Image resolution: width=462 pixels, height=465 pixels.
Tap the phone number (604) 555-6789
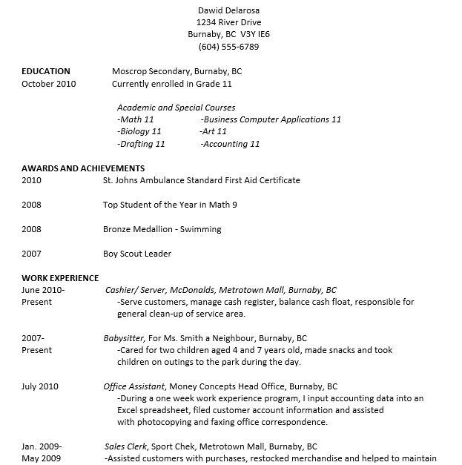[x=229, y=47]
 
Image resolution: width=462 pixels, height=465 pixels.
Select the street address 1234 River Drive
[x=229, y=23]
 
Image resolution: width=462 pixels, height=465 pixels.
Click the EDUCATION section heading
[x=46, y=72]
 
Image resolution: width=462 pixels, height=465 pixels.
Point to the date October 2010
[x=49, y=84]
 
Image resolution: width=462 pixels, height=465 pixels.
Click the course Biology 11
[x=139, y=132]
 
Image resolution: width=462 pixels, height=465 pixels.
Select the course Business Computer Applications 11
[x=271, y=119]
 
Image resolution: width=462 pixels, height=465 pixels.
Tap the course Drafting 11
[x=141, y=144]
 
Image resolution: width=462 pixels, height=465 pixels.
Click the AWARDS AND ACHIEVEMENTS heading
[x=83, y=168]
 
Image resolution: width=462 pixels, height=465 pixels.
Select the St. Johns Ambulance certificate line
[x=202, y=180]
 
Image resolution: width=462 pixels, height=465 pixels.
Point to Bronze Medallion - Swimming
[x=162, y=229]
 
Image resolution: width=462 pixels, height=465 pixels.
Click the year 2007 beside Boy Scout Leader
[x=32, y=254]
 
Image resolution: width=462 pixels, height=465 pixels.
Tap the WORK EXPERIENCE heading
[x=60, y=278]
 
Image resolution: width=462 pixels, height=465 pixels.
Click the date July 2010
[x=40, y=386]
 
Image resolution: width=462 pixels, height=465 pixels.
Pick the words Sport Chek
[x=171, y=446]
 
